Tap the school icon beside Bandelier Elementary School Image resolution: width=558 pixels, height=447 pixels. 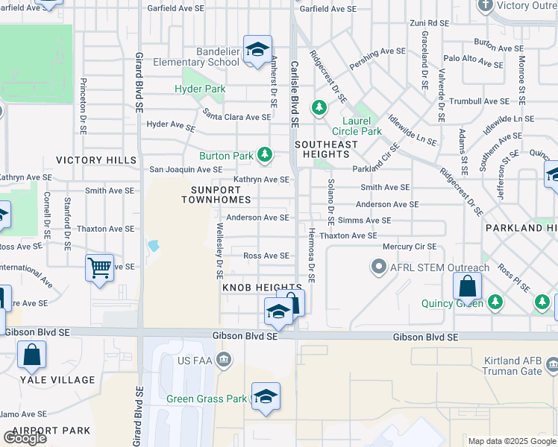coord(257,50)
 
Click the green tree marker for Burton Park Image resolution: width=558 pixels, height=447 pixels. coord(264,154)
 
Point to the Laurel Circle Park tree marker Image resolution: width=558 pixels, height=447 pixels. coord(319,108)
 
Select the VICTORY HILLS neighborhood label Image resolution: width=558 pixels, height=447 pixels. coord(96,160)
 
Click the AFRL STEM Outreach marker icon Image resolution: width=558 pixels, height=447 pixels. coord(379,267)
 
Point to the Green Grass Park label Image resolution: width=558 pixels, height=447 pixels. coord(206,399)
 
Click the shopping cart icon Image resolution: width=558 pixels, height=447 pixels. coord(99,267)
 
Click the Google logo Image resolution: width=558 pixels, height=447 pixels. coord(25,437)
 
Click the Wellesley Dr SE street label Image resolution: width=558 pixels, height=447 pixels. coord(220,246)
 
